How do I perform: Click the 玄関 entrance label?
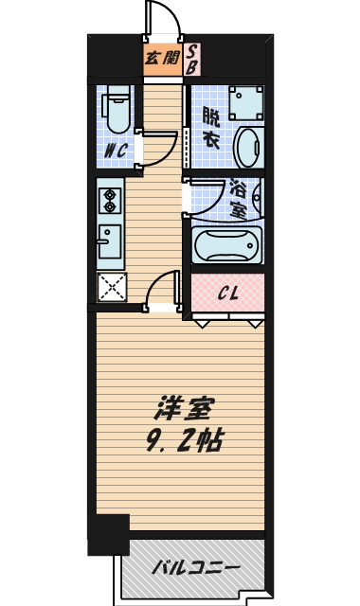tap(162, 59)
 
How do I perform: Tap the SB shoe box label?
tap(191, 59)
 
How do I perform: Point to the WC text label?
tap(116, 151)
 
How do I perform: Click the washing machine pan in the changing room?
tap(246, 103)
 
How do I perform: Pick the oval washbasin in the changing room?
tap(248, 147)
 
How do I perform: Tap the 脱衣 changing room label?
tap(211, 129)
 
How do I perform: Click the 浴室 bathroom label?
tap(238, 199)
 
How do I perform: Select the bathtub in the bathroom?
tap(227, 244)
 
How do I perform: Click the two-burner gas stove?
tap(110, 201)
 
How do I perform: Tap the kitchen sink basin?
tap(110, 241)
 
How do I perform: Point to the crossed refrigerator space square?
tap(112, 287)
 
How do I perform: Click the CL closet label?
tap(227, 294)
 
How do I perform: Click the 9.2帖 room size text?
tap(184, 440)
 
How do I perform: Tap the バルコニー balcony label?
tap(195, 568)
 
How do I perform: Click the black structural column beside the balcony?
tap(109, 535)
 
